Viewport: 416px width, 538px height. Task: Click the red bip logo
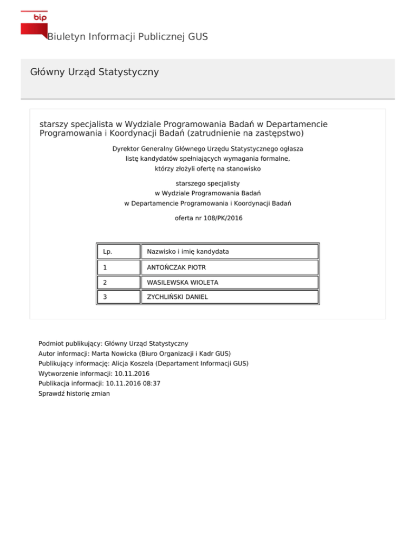point(34,23)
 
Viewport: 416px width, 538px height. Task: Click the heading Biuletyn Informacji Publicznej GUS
point(127,37)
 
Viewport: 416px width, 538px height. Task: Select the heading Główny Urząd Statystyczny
point(95,71)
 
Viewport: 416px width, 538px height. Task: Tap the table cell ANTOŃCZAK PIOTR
point(176,267)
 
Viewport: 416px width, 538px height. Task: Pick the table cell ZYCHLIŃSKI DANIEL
point(177,297)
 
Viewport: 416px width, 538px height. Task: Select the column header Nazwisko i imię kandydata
point(187,252)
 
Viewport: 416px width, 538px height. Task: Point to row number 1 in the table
point(105,267)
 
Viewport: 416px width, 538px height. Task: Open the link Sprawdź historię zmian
point(74,393)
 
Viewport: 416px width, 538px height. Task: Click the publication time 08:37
point(151,383)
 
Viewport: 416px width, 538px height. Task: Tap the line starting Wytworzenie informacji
point(94,373)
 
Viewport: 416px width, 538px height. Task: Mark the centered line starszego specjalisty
point(207,183)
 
